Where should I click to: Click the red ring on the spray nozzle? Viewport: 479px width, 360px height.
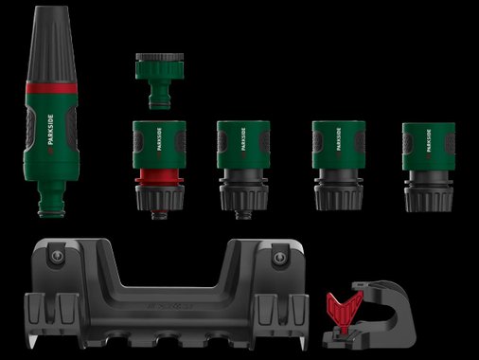pyautogui.click(x=51, y=88)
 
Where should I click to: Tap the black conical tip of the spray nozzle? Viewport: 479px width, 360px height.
pyautogui.click(x=52, y=45)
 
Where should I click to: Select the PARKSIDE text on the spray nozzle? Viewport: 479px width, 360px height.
pyautogui.click(x=51, y=130)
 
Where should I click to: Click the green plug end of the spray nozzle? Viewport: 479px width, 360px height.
pyautogui.click(x=52, y=199)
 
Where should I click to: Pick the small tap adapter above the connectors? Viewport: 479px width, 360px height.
pyautogui.click(x=160, y=81)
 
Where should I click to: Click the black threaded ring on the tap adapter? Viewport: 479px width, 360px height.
pyautogui.click(x=160, y=57)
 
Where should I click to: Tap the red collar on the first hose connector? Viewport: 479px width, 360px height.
pyautogui.click(x=159, y=176)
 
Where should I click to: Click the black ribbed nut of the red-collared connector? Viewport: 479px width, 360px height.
pyautogui.click(x=160, y=198)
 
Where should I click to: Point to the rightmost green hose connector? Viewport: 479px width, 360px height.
pyautogui.click(x=429, y=167)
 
